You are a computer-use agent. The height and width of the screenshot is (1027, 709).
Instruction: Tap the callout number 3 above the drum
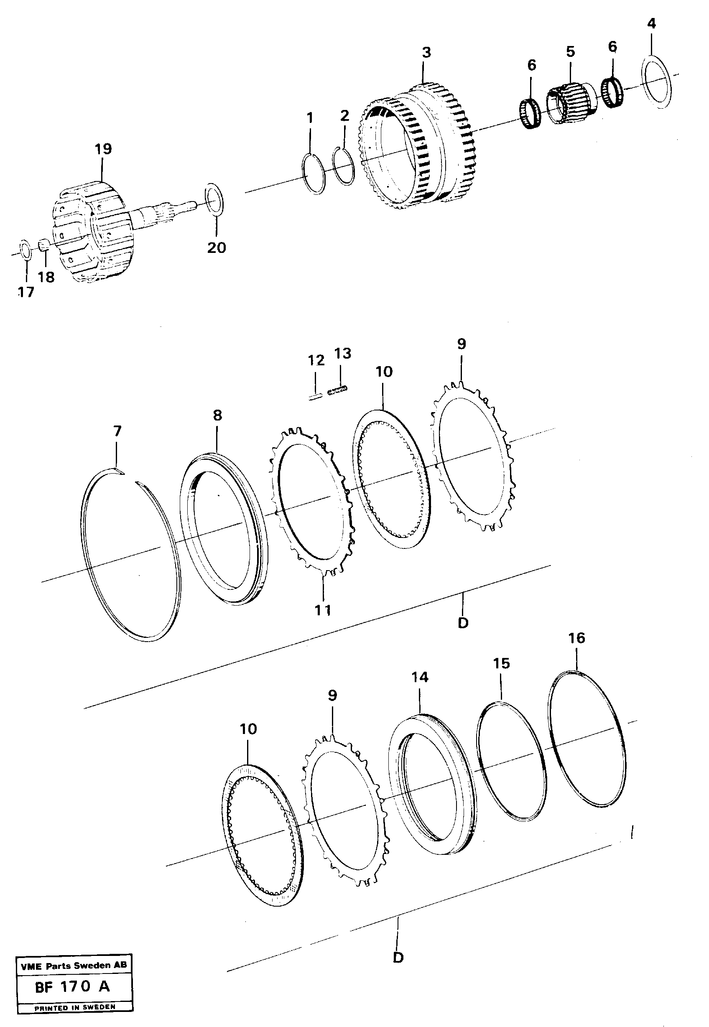pos(426,53)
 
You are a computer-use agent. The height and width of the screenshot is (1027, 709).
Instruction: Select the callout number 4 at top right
pos(651,23)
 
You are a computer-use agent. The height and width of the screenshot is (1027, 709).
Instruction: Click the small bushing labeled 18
pos(43,244)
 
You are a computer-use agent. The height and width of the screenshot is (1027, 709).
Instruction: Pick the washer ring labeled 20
pos(215,200)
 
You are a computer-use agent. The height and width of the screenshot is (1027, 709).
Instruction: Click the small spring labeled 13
pos(338,391)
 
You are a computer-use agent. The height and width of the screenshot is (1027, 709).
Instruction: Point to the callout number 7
pos(117,431)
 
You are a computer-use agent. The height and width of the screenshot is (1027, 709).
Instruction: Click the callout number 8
pos(217,416)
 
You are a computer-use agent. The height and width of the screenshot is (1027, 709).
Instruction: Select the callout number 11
pos(323,610)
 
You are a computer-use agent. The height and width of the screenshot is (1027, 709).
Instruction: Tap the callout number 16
pos(576,638)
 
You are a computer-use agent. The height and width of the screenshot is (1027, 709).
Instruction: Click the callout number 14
pos(419,678)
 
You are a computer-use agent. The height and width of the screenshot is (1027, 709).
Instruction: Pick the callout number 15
pos(501,664)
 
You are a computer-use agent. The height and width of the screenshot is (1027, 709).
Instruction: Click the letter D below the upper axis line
pos(462,623)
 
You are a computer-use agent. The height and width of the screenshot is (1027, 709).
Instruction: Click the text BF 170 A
pos(73,986)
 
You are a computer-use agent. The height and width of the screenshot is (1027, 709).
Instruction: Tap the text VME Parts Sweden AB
pos(74,965)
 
